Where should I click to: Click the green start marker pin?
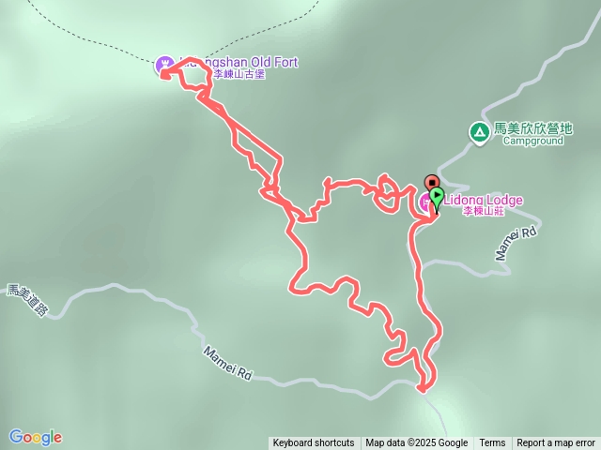click(437, 196)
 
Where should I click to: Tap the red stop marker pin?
click(432, 181)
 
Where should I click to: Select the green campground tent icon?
click(480, 132)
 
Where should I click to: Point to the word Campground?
click(532, 142)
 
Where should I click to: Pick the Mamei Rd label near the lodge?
click(515, 242)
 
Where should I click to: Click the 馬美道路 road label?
click(26, 300)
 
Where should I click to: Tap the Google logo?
click(36, 437)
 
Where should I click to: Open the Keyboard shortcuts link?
click(314, 443)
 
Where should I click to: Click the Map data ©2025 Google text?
click(417, 443)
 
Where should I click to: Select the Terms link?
click(492, 443)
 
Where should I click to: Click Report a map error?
click(556, 443)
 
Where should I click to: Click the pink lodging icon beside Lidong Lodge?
click(425, 201)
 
